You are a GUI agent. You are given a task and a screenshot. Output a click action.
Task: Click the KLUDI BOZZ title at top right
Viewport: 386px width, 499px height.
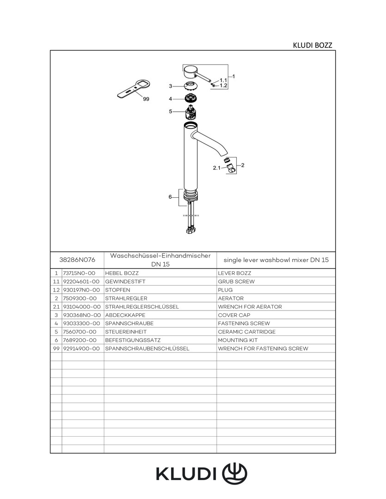coord(312,45)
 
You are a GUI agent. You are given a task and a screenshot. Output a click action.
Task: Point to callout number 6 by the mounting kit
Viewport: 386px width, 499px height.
coord(170,197)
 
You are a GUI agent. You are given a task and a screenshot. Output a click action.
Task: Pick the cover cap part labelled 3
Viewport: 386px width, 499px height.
coord(190,85)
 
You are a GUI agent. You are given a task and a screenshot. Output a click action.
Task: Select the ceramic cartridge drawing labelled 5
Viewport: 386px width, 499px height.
coord(190,112)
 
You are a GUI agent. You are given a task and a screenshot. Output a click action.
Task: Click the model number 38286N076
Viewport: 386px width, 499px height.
coord(77,260)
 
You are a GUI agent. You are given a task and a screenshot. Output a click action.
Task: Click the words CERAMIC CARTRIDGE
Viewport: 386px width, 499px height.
coord(246,332)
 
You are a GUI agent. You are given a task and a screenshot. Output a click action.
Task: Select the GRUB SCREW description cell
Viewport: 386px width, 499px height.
coord(236,281)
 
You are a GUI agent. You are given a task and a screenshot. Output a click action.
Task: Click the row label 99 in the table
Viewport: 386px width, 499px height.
coord(56,348)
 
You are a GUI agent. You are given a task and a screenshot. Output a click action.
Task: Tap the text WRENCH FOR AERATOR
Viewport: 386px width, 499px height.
coord(250,307)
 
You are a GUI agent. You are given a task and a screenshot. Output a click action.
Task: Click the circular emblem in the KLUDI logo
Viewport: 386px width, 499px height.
coord(235,473)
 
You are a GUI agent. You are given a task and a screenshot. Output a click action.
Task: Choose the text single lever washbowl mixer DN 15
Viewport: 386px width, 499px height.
coord(276,260)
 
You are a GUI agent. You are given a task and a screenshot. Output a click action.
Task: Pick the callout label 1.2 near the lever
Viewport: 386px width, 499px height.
coord(223,85)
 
